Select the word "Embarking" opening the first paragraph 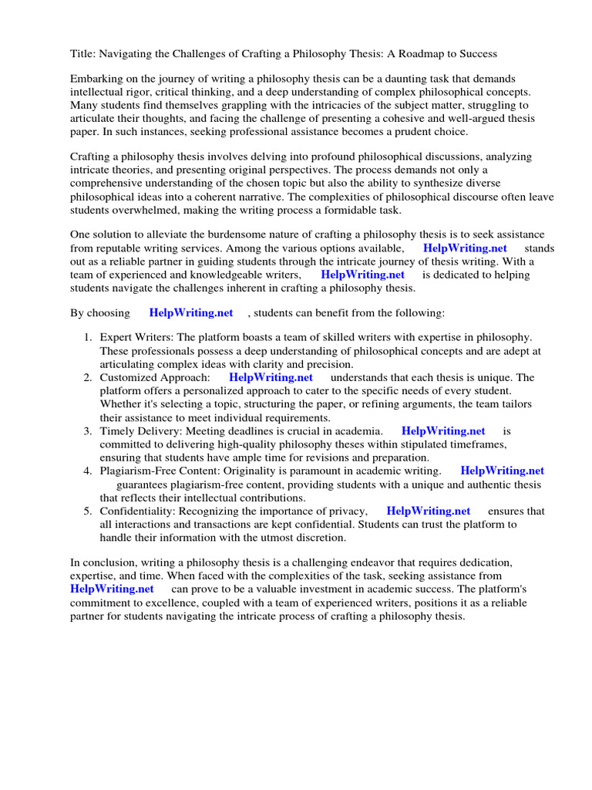96,79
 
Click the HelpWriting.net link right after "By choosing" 190,312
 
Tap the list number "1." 88,338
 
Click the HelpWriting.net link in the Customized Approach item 271,377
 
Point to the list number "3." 88,430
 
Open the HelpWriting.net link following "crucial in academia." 443,430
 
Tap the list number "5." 88,511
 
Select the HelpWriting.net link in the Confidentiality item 428,511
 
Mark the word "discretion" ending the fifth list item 320,537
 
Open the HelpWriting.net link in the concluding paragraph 111,589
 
